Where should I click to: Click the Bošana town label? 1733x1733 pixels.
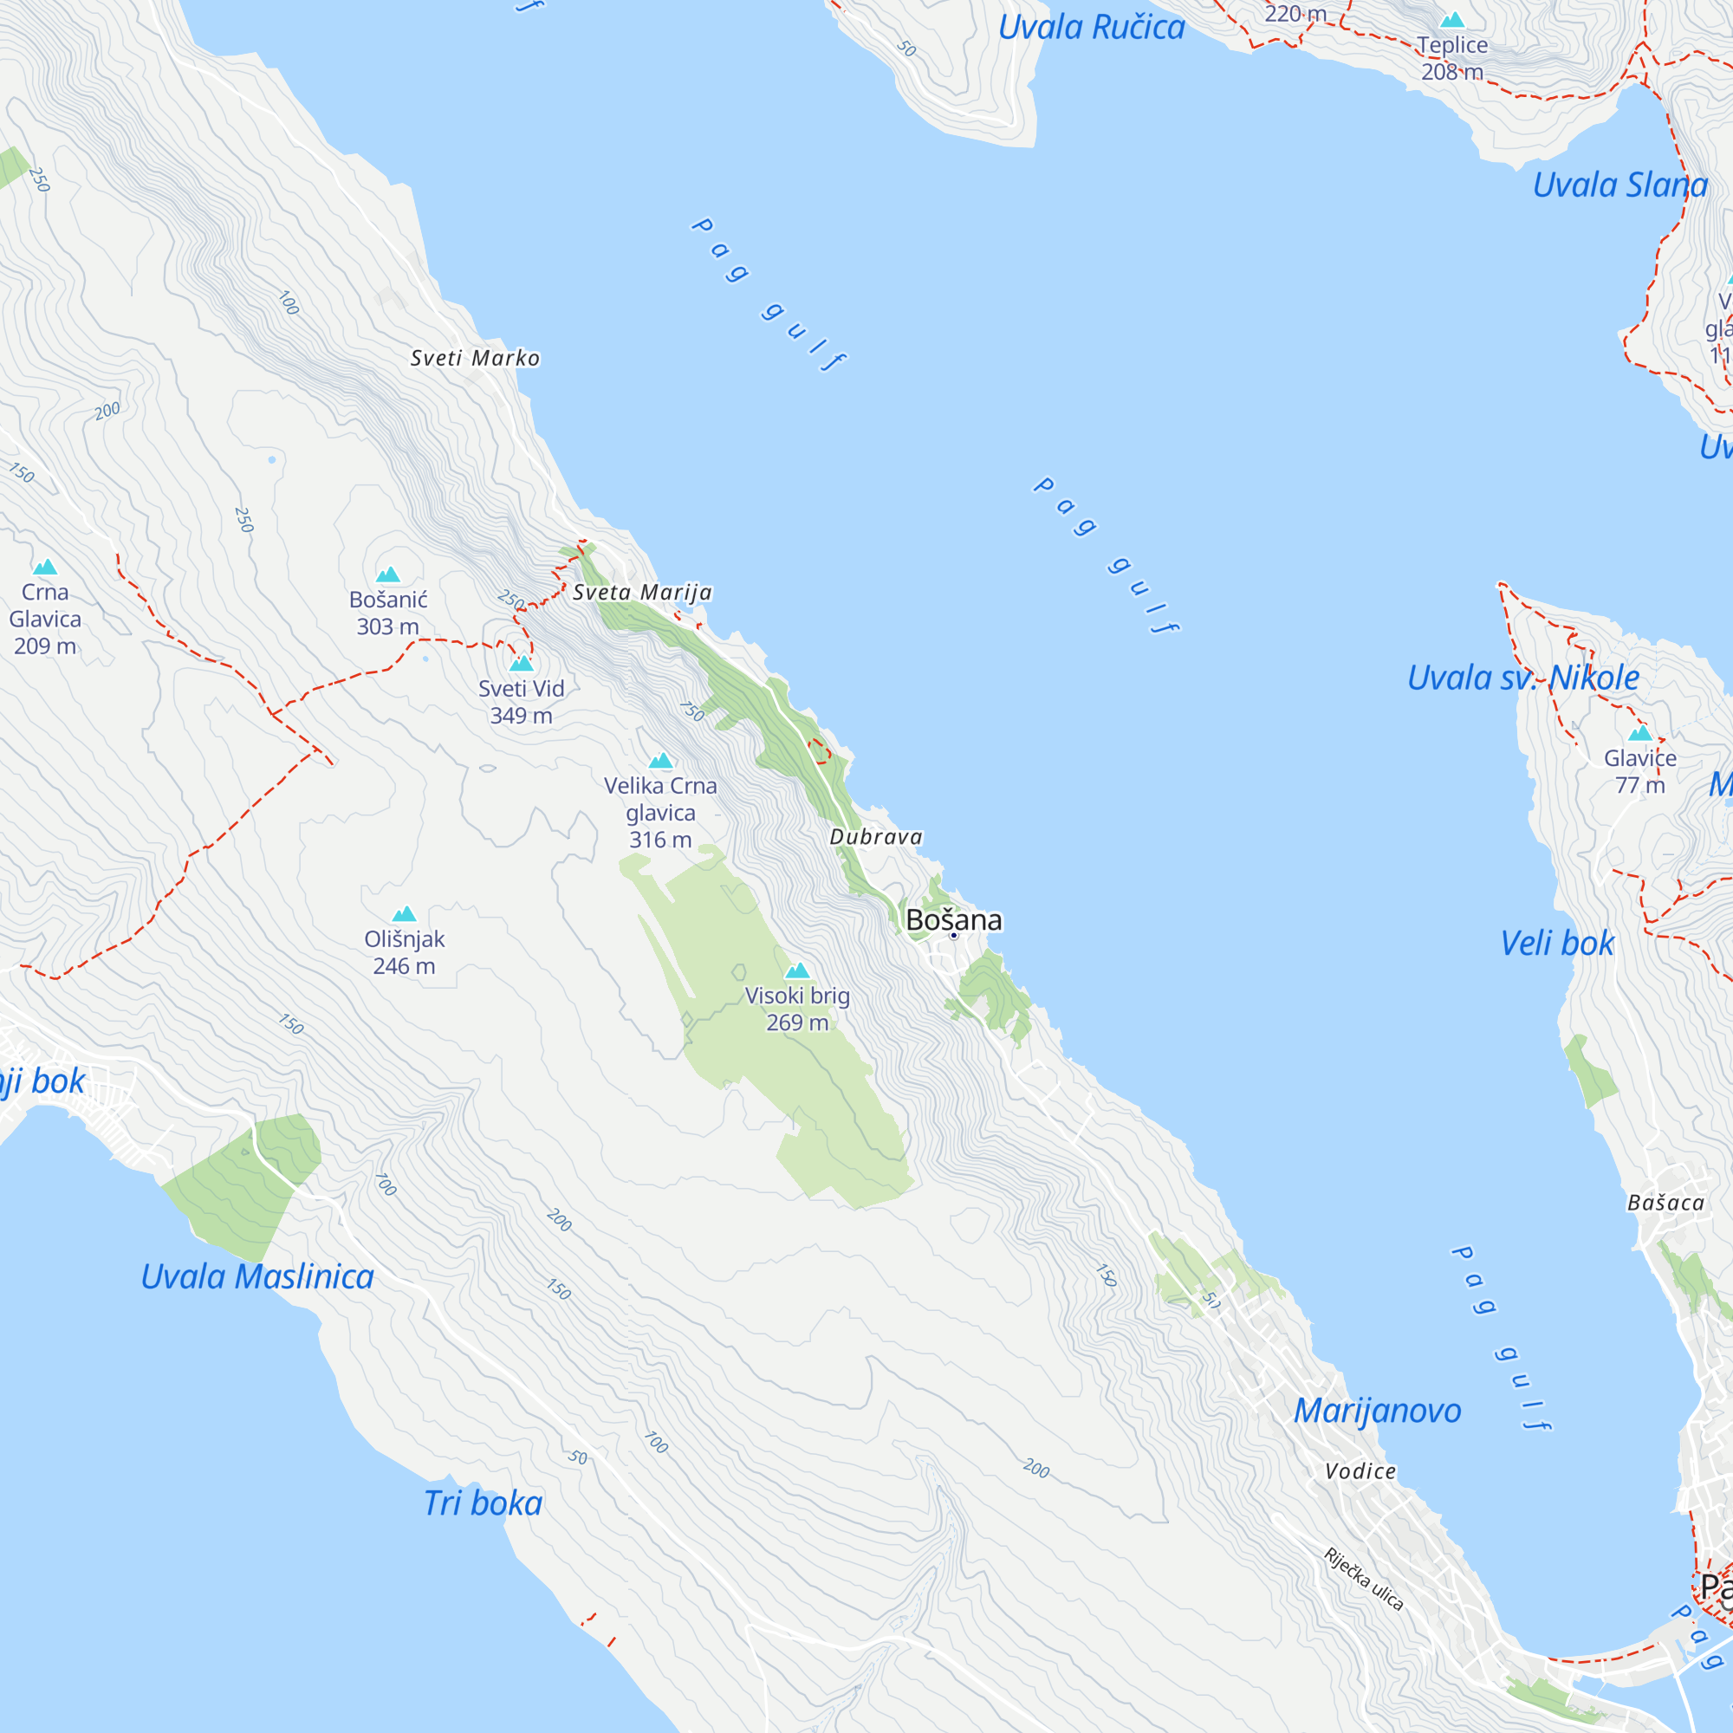(953, 919)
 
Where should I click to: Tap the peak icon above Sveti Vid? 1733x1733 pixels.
(521, 664)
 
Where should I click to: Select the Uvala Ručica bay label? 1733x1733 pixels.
(1091, 27)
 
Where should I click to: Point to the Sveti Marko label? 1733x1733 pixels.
(475, 358)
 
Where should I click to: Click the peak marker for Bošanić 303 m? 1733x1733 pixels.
(387, 575)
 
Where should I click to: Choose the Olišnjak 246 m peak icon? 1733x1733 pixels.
(405, 914)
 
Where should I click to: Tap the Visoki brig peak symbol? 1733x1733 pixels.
(796, 970)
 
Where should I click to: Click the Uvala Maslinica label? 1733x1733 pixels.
(257, 1276)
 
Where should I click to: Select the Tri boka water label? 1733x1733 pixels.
(483, 1503)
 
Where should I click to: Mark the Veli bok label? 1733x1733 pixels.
(1556, 943)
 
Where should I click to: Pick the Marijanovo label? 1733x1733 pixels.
(1377, 1411)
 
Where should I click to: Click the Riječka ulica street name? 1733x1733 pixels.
(1362, 1579)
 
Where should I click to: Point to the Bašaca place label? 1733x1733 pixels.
(1665, 1203)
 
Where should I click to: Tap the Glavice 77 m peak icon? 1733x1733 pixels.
(1639, 734)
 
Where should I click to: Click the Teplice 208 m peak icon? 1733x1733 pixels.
(1452, 21)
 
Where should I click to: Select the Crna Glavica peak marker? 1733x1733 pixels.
(45, 567)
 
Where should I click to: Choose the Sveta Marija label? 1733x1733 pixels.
(642, 592)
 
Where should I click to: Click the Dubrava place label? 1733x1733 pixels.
(875, 837)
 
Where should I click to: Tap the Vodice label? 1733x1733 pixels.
(1360, 1471)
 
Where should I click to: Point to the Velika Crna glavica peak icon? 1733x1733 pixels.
(660, 762)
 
